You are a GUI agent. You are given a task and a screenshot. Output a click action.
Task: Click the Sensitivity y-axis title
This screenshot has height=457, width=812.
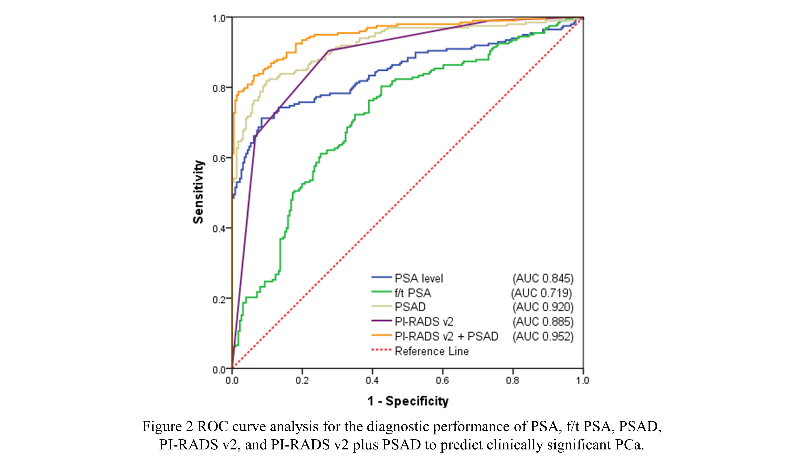click(x=199, y=192)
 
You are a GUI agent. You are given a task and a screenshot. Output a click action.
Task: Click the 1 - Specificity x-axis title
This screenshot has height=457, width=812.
click(x=408, y=401)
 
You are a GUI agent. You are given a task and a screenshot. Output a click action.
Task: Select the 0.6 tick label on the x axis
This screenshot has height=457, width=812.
click(x=442, y=381)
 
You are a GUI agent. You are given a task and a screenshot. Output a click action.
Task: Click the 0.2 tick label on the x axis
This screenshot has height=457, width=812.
click(x=302, y=381)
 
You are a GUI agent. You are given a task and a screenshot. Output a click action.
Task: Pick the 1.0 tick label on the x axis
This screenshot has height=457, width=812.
click(x=583, y=381)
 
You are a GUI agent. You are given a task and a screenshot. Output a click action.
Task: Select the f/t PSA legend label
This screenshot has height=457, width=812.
click(x=413, y=293)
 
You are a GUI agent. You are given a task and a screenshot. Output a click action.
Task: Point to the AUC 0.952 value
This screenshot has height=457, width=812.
click(x=543, y=337)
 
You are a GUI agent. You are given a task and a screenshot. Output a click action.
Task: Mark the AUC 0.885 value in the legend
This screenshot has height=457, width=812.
click(x=543, y=322)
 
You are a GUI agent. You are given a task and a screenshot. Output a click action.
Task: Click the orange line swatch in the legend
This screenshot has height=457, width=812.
click(x=381, y=336)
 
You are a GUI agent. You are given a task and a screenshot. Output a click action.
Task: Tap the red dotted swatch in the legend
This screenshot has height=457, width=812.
click(x=381, y=350)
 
